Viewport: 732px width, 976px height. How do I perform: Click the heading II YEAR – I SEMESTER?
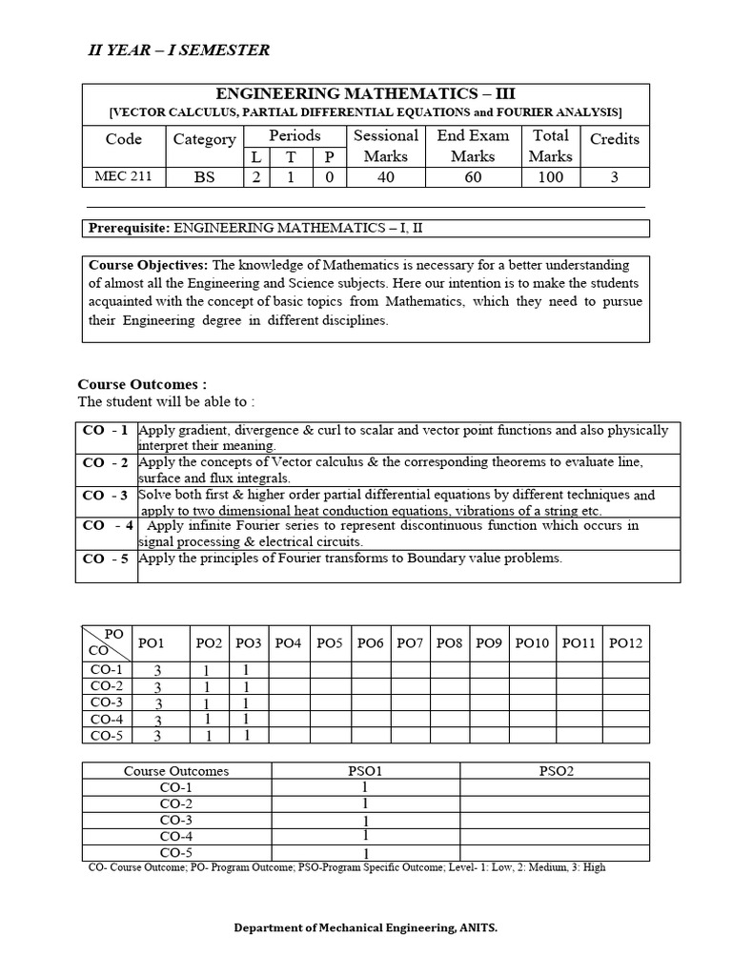click(178, 50)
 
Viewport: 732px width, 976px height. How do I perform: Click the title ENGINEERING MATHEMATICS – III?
click(365, 93)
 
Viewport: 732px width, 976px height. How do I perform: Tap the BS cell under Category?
click(204, 176)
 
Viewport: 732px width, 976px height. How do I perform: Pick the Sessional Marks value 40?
click(385, 176)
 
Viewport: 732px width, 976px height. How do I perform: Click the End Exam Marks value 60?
click(473, 176)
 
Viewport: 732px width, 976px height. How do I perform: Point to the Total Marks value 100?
click(550, 176)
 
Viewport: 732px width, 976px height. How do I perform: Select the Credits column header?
click(614, 139)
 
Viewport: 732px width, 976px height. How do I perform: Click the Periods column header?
click(295, 135)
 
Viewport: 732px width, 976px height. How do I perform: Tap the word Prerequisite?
click(128, 228)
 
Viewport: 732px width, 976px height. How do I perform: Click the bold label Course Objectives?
click(148, 265)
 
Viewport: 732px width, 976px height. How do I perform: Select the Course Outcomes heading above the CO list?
click(142, 384)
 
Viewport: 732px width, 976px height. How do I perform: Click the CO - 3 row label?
click(106, 495)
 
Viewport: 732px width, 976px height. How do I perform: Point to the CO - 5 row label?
click(106, 559)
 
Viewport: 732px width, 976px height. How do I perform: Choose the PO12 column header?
click(625, 643)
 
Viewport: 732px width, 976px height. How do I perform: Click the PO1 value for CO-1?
click(158, 670)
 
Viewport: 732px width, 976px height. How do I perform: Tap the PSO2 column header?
click(556, 770)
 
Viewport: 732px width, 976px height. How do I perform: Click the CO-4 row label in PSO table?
click(176, 836)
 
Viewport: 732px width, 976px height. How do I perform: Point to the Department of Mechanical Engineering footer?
click(365, 926)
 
